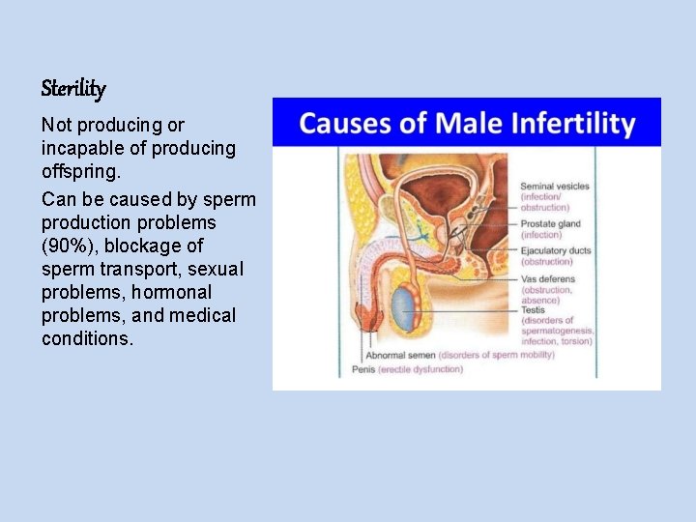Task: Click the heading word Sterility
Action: [73, 89]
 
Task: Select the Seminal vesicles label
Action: [554, 187]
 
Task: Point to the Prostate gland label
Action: [552, 223]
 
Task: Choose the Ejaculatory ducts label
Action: [556, 251]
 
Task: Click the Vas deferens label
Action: [547, 279]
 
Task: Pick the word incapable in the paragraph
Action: [78, 148]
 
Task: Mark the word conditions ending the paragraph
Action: [87, 338]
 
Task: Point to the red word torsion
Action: [575, 340]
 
